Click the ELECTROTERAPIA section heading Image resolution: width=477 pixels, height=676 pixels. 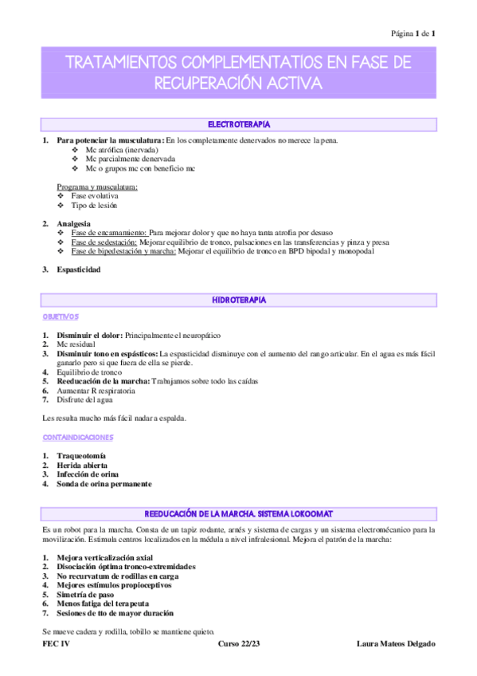[239, 125]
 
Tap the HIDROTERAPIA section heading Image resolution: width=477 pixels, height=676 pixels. [239, 300]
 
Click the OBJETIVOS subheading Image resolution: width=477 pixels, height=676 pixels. [61, 316]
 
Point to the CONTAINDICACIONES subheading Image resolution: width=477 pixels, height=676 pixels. [77, 437]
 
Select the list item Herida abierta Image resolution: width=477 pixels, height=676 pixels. [82, 465]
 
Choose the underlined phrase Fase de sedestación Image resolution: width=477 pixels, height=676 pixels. [104, 242]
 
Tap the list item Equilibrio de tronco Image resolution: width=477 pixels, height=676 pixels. [89, 372]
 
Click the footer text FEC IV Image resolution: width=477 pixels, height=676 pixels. [56, 643]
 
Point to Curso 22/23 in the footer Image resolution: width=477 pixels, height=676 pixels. [239, 643]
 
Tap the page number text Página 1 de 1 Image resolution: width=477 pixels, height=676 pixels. [412, 33]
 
